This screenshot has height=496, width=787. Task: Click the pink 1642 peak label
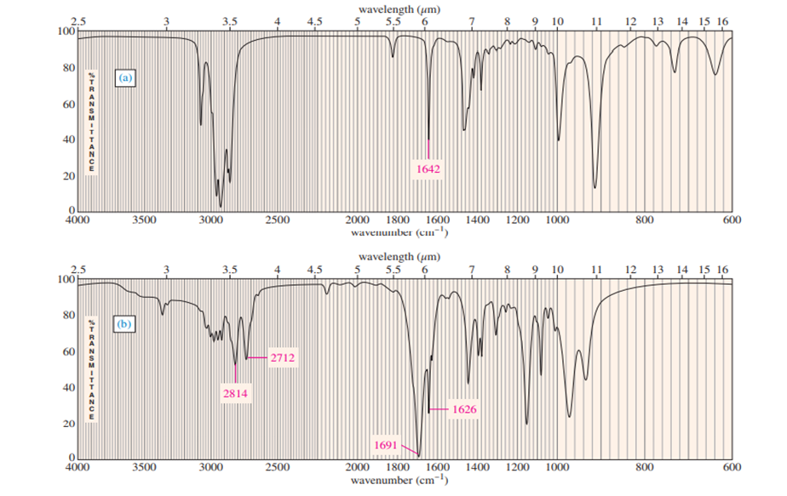pyautogui.click(x=428, y=169)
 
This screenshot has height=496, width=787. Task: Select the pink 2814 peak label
pyautogui.click(x=236, y=395)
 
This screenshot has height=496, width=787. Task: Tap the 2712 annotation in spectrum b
pyautogui.click(x=283, y=357)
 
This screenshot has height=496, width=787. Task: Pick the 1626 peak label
pyautogui.click(x=464, y=410)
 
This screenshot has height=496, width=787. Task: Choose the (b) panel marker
pyautogui.click(x=126, y=324)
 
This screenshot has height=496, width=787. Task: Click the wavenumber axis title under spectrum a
pyautogui.click(x=399, y=231)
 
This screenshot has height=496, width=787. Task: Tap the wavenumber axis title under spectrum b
pyautogui.click(x=399, y=481)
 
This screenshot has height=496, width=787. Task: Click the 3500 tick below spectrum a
pyautogui.click(x=145, y=219)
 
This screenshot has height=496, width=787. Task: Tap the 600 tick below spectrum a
pyautogui.click(x=732, y=219)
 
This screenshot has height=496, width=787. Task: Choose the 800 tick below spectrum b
pyautogui.click(x=645, y=468)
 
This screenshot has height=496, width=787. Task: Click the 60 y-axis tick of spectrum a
pyautogui.click(x=71, y=105)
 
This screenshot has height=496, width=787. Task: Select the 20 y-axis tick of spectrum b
pyautogui.click(x=71, y=424)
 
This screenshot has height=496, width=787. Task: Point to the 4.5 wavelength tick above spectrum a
pyautogui.click(x=314, y=20)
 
